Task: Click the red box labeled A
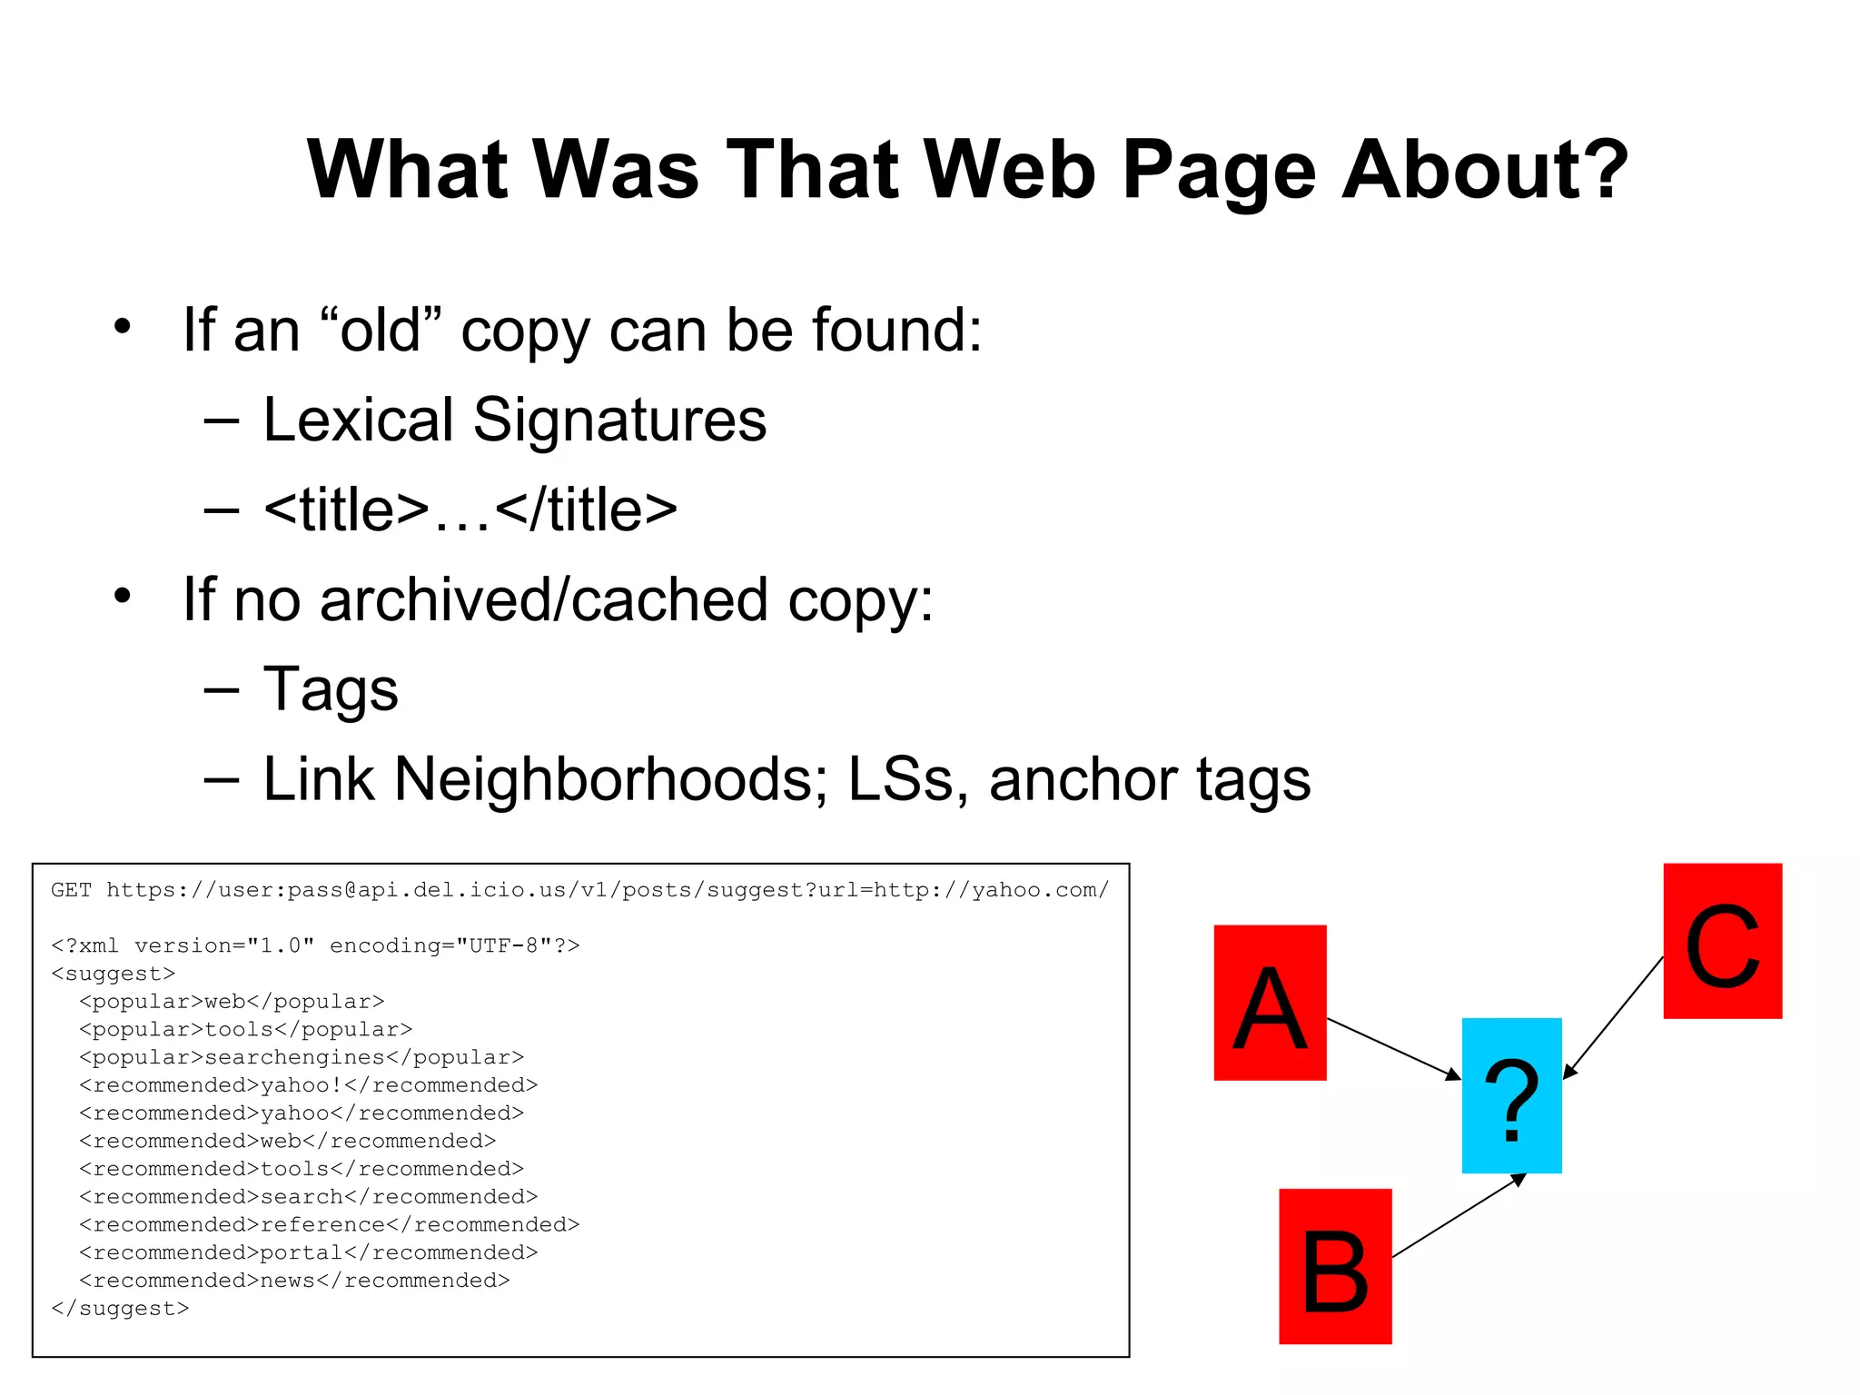point(1270,1003)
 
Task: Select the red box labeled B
point(1335,1266)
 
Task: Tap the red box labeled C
point(1722,941)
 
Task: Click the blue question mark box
point(1511,1095)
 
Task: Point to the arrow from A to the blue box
point(1393,1048)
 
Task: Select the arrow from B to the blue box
point(1458,1216)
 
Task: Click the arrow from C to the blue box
point(1613,1017)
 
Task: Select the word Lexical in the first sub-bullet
point(358,420)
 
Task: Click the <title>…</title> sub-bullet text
point(470,510)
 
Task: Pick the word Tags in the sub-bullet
point(331,690)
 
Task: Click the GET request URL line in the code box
point(579,890)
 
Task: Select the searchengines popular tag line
point(302,1057)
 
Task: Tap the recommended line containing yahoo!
point(309,1085)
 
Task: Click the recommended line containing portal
point(309,1252)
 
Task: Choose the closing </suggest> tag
point(121,1309)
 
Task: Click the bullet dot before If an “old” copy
point(123,326)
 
